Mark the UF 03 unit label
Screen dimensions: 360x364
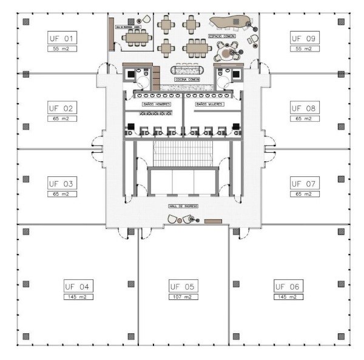tap(61, 183)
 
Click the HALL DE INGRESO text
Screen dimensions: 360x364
tap(183, 206)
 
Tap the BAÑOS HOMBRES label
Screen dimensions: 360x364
tap(157, 104)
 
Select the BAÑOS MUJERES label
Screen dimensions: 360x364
tap(210, 104)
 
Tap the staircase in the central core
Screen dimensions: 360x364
tap(183, 153)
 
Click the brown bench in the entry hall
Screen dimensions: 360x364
tap(213, 222)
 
